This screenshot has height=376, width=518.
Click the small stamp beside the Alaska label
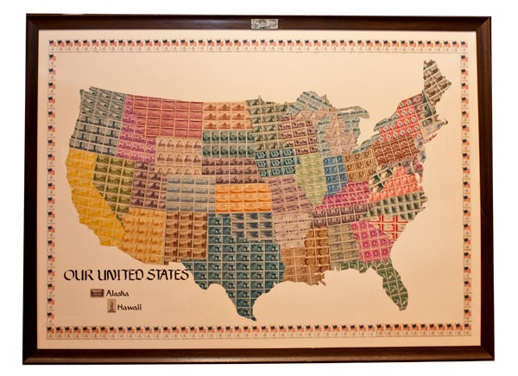tap(96, 293)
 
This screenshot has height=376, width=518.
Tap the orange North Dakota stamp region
tap(226, 115)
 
